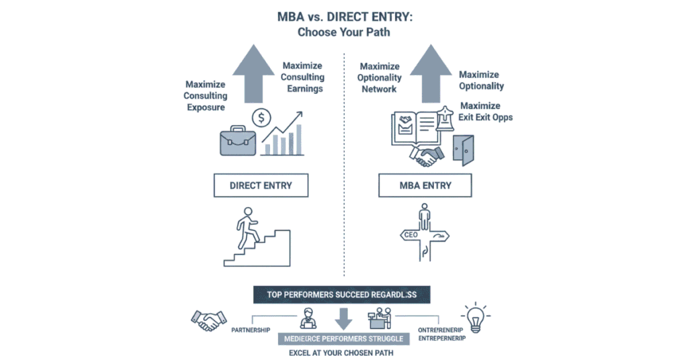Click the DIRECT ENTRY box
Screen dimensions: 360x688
coord(261,185)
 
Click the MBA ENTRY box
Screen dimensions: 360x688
coord(427,185)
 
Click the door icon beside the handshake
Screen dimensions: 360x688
coord(463,150)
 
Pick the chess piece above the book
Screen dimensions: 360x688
coord(443,120)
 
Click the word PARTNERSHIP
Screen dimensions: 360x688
coord(251,330)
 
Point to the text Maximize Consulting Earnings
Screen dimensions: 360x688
coord(302,77)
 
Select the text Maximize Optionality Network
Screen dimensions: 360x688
coord(380,77)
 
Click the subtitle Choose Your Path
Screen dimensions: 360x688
coord(343,32)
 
